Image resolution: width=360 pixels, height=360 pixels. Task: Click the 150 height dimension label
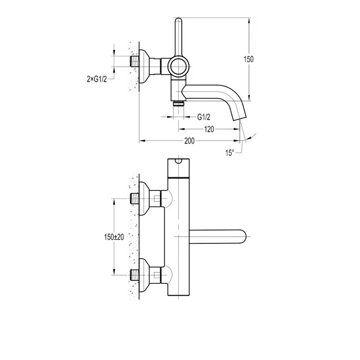pyautogui.click(x=249, y=59)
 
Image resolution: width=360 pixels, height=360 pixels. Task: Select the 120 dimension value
pyautogui.click(x=209, y=129)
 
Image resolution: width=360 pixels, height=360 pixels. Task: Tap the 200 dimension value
pyautogui.click(x=189, y=141)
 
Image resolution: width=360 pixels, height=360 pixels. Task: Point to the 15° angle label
pyautogui.click(x=229, y=153)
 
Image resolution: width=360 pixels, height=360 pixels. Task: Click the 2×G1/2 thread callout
pyautogui.click(x=97, y=79)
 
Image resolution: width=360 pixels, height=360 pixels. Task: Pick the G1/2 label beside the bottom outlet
pyautogui.click(x=204, y=117)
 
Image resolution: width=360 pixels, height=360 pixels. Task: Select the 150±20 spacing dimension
pyautogui.click(x=114, y=237)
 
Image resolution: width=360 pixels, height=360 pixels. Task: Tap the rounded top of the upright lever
pyautogui.click(x=179, y=21)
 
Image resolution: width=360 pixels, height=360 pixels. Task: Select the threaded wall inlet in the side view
pyautogui.click(x=135, y=62)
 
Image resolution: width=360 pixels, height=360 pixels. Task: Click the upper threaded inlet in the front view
pyautogui.click(x=135, y=198)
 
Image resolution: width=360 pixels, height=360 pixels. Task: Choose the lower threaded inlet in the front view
pyautogui.click(x=135, y=275)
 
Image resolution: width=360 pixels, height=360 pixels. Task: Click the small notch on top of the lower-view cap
pyautogui.click(x=179, y=161)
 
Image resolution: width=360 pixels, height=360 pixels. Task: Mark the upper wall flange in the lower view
pyautogui.click(x=144, y=198)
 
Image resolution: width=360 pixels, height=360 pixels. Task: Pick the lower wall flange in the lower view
pyautogui.click(x=144, y=275)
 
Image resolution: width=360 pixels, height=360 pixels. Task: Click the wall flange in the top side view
pyautogui.click(x=144, y=66)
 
